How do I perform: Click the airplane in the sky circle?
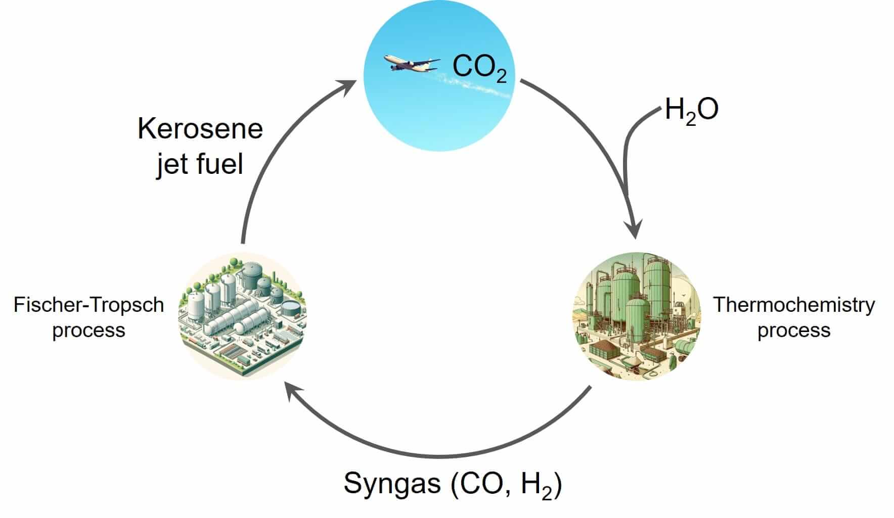tap(411, 64)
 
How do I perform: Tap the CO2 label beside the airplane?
tap(479, 67)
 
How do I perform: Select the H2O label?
tap(691, 110)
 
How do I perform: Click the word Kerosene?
tap(200, 129)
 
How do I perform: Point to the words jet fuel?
tap(200, 164)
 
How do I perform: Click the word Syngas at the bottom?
tap(392, 484)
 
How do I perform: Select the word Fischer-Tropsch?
tap(89, 305)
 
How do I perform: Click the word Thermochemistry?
tap(793, 305)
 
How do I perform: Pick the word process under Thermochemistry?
tap(793, 331)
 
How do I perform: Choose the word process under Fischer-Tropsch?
tap(89, 331)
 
